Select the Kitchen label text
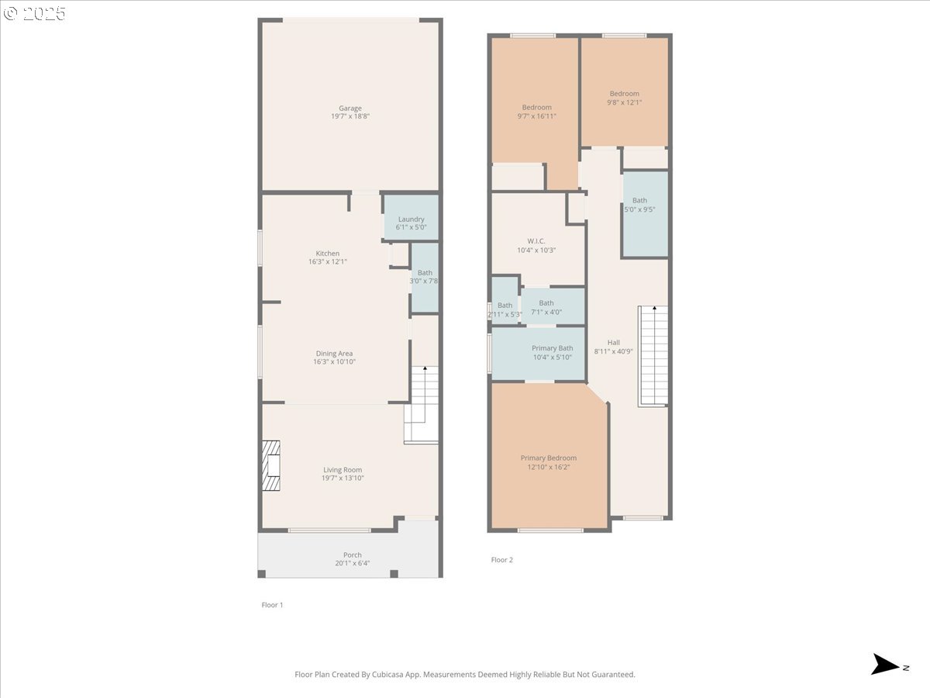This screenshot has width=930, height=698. click(328, 254)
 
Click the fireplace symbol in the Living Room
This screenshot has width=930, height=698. click(270, 465)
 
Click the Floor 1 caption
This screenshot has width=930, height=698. click(272, 605)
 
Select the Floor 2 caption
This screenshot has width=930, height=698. click(501, 560)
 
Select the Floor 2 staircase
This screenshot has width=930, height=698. click(653, 356)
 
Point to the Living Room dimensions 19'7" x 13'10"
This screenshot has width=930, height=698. click(343, 478)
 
